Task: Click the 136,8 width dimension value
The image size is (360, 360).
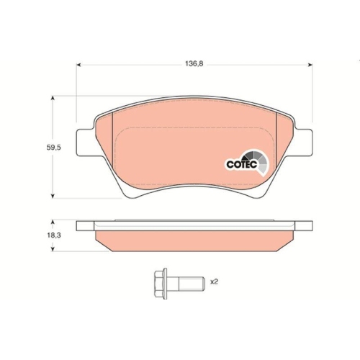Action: coord(194,64)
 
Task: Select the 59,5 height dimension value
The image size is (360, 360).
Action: coord(54,148)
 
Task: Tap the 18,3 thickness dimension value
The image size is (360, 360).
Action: coord(54,235)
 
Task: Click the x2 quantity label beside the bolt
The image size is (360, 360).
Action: coord(214,282)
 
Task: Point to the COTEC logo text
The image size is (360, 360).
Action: coord(242,165)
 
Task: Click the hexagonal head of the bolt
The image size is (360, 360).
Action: coord(161,284)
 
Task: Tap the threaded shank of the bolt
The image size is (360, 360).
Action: coord(192,284)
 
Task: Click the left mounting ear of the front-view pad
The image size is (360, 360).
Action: coord(85,142)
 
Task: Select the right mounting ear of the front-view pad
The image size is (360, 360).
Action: coord(304,142)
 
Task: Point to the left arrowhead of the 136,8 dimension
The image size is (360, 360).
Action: coord(78,65)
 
